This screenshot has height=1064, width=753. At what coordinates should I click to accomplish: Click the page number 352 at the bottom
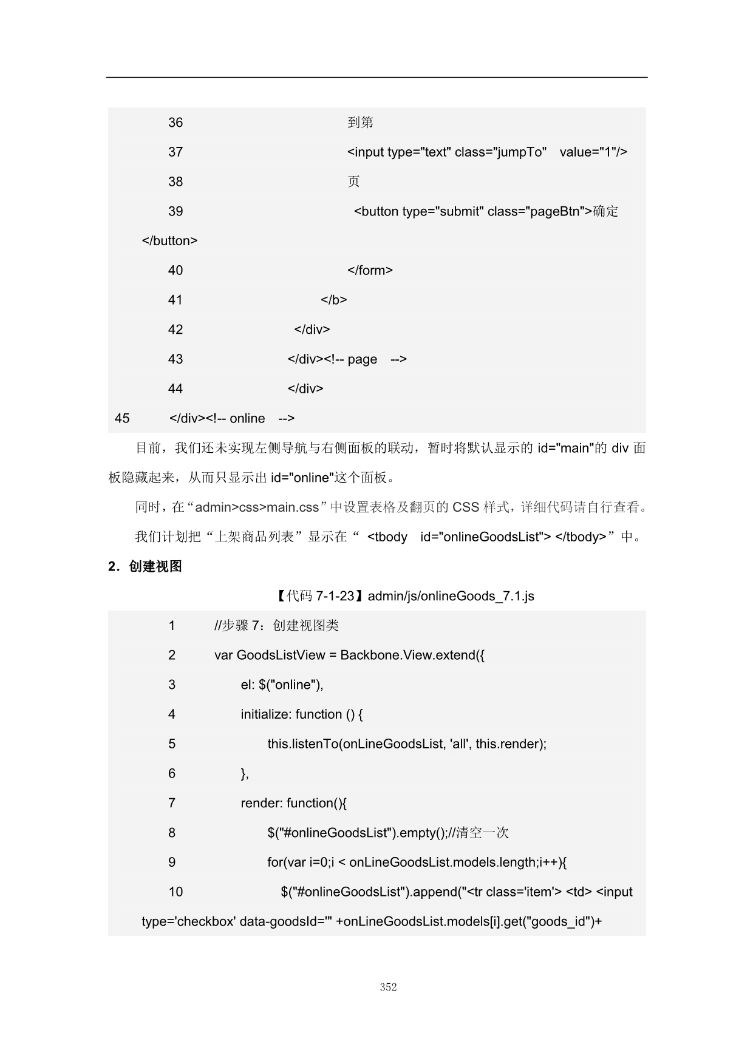[388, 987]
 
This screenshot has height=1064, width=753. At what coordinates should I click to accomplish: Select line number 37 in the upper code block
[175, 152]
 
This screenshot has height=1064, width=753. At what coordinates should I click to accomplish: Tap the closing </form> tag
[370, 271]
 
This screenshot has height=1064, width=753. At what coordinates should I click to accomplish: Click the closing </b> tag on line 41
[334, 300]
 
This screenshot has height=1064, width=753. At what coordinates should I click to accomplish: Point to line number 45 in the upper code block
[122, 418]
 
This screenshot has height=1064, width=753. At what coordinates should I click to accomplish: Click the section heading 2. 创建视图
[145, 566]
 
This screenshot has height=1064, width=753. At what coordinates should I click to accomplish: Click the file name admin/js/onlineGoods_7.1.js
[451, 596]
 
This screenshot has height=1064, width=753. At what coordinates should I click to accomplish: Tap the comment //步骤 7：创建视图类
[276, 626]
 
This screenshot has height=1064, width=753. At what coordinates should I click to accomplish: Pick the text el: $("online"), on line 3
[282, 685]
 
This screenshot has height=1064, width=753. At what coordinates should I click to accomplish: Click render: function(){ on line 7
[293, 803]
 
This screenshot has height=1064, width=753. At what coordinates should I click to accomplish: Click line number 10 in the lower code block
[175, 892]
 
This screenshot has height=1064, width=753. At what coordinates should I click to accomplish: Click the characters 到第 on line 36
[360, 123]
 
